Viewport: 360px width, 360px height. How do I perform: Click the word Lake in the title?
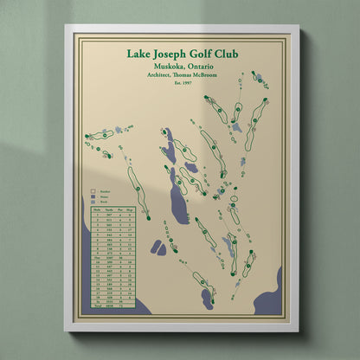point(141,55)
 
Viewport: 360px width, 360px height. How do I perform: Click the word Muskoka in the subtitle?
point(163,67)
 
